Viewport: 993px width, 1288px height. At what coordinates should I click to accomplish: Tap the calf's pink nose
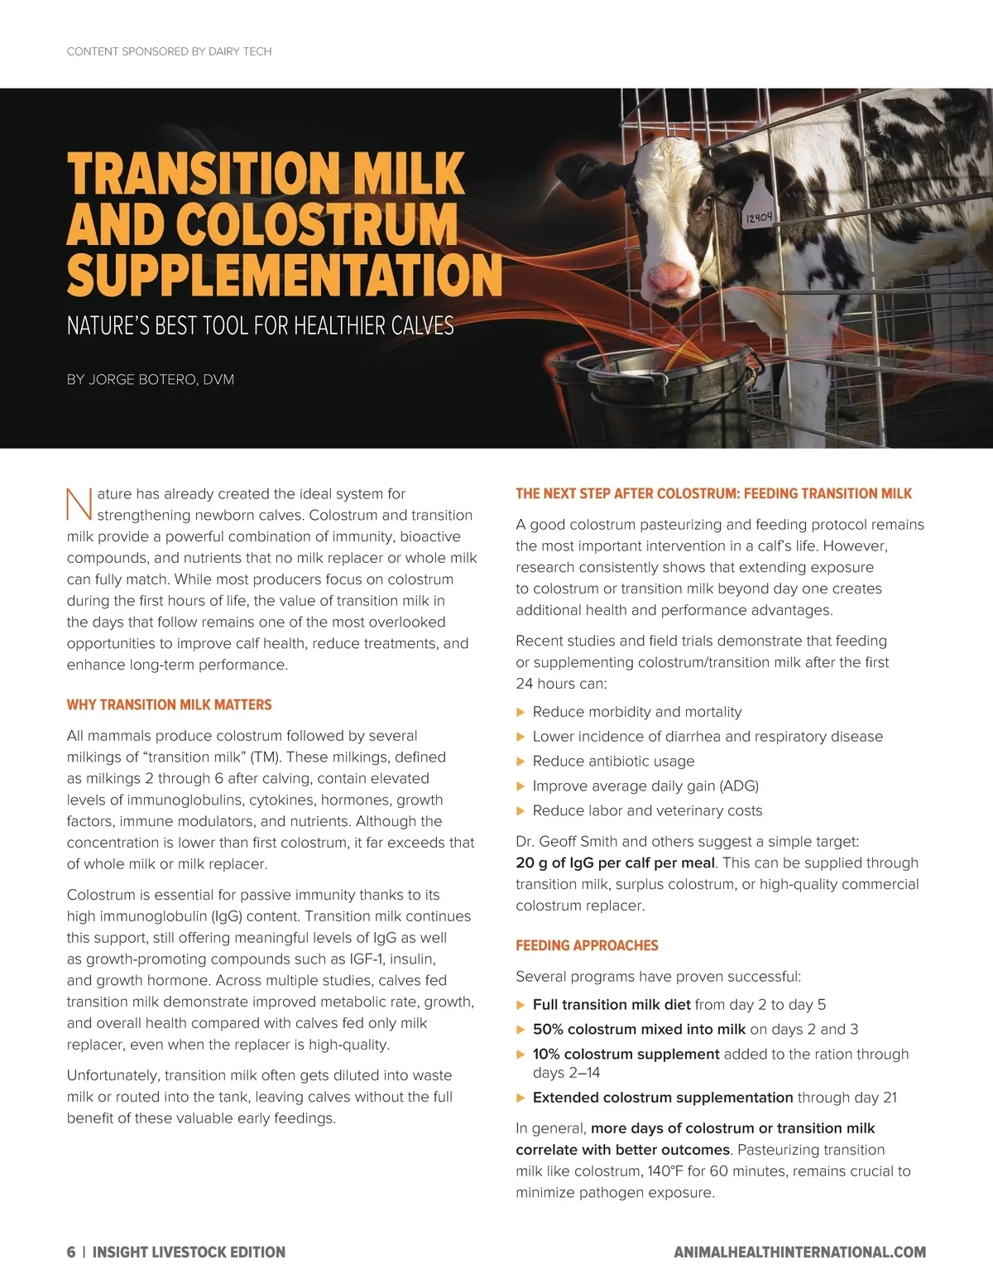pos(669,278)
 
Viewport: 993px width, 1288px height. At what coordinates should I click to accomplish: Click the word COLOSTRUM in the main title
pos(316,224)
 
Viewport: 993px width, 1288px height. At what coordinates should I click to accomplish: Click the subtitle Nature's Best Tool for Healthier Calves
pos(260,325)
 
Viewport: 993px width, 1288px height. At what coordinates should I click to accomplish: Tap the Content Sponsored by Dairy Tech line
pos(169,51)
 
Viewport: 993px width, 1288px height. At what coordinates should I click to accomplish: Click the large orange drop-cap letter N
pos(79,505)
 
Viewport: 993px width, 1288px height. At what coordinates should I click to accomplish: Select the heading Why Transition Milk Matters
pos(169,705)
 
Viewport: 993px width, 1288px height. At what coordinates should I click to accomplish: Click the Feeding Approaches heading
pos(587,946)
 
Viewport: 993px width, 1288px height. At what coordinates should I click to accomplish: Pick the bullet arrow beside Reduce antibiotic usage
pos(520,762)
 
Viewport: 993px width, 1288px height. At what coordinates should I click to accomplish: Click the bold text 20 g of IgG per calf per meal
pos(615,863)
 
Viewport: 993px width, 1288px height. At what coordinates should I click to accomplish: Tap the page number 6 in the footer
pos(71,1252)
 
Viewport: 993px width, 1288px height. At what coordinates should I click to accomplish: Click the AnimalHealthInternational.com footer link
pos(799,1252)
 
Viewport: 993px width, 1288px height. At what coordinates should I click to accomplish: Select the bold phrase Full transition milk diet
pos(612,1005)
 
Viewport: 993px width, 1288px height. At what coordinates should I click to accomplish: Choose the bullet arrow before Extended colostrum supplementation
pos(520,1098)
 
